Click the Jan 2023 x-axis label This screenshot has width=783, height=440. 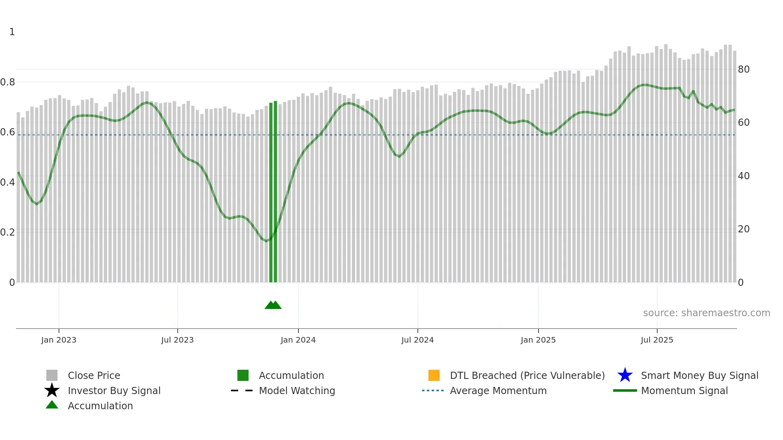click(x=59, y=340)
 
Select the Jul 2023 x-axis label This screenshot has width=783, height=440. click(x=177, y=340)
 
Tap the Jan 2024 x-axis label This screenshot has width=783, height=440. click(x=298, y=340)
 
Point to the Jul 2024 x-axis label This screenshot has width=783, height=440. click(x=417, y=340)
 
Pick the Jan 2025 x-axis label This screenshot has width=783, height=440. click(x=538, y=340)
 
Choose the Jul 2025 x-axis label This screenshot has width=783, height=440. click(x=657, y=340)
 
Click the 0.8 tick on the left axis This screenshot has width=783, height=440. click(x=8, y=82)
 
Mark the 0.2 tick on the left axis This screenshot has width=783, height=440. click(x=8, y=232)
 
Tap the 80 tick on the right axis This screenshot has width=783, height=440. click(x=743, y=69)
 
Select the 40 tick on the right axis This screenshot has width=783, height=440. click(x=743, y=176)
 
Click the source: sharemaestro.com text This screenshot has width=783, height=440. click(x=706, y=313)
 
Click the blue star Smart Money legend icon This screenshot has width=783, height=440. click(x=625, y=375)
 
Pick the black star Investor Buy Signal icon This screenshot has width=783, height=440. click(x=52, y=390)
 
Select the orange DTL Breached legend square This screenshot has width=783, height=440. click(x=434, y=375)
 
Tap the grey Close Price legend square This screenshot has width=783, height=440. click(x=52, y=375)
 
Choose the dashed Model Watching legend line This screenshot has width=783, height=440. click(x=242, y=390)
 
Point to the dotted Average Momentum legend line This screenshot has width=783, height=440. click(x=433, y=390)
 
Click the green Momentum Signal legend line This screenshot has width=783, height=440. click(x=625, y=390)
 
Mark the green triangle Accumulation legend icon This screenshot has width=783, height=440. click(x=52, y=405)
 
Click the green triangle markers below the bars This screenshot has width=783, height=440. click(x=273, y=305)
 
